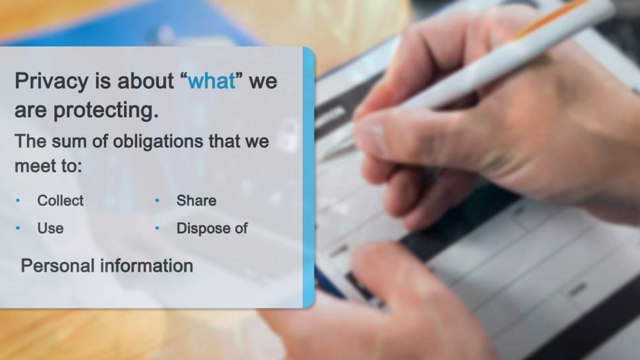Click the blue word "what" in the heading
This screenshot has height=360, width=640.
tap(212, 80)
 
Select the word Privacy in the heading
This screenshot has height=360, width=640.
tap(51, 82)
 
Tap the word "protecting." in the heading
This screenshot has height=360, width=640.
tap(105, 111)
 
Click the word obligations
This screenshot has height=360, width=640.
tap(157, 142)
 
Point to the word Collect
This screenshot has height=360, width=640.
tap(60, 201)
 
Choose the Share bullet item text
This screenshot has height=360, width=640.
tap(196, 201)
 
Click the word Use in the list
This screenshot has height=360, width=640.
tap(50, 228)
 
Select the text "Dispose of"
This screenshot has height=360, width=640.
tap(212, 228)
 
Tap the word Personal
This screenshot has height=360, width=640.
tap(58, 265)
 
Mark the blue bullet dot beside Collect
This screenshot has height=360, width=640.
tap(18, 201)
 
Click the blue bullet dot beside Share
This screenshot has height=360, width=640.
tap(157, 201)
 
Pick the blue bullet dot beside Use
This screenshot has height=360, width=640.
tap(18, 228)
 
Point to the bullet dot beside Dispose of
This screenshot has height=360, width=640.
tap(157, 228)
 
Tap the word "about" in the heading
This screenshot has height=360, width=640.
tap(146, 81)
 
